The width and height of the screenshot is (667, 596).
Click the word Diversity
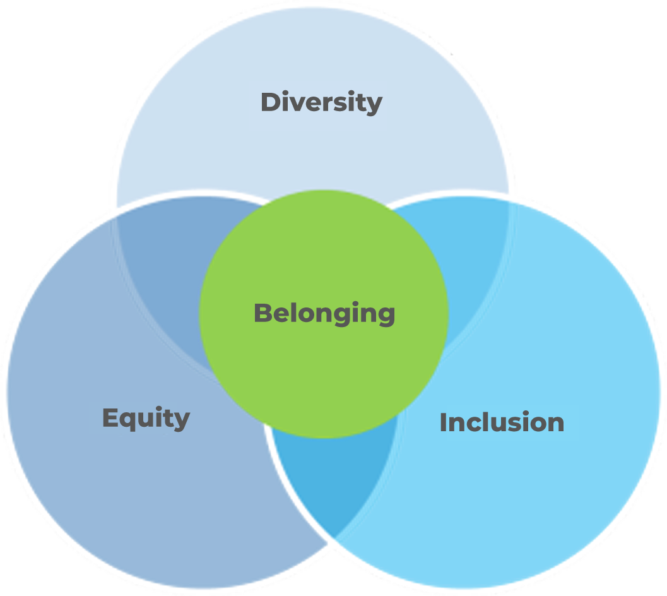click(322, 103)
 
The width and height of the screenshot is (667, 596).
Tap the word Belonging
click(324, 314)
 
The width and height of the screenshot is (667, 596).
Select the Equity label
click(146, 419)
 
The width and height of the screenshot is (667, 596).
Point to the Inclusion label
click(502, 422)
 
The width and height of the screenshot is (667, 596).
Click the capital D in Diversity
click(271, 102)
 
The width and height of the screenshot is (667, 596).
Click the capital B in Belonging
click(264, 313)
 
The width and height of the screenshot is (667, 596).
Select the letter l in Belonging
click(297, 313)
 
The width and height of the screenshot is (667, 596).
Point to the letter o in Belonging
click(312, 316)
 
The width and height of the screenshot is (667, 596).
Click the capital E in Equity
click(110, 417)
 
